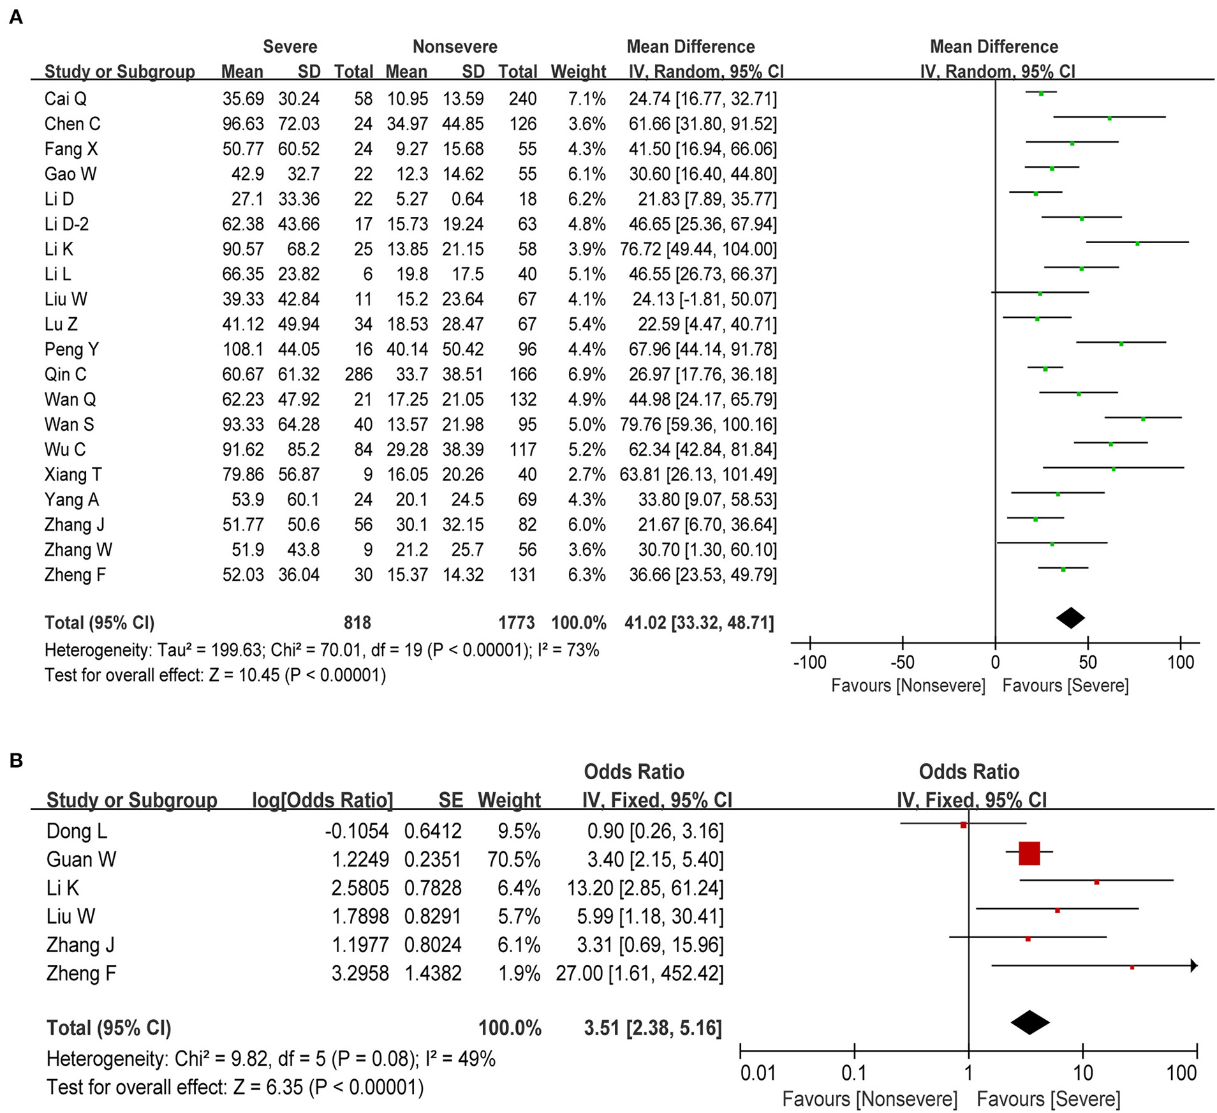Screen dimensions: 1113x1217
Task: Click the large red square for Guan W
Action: [x=1029, y=853]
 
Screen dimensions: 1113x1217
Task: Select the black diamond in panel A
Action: [x=1070, y=618]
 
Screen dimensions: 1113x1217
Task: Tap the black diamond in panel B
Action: [x=1030, y=1022]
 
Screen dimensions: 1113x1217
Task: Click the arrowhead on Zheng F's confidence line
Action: [x=1194, y=966]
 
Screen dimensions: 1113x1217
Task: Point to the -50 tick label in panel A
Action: [x=902, y=662]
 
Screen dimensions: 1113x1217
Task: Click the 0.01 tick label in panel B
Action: [x=758, y=1073]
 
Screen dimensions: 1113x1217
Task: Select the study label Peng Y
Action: [x=71, y=349]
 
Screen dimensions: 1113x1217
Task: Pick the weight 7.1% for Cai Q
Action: [x=587, y=99]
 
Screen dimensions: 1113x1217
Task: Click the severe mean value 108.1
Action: [x=242, y=349]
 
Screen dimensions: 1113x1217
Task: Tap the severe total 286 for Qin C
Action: [x=358, y=374]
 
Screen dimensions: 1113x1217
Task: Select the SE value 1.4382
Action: [x=432, y=973]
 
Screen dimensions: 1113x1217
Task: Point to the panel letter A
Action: [x=16, y=17]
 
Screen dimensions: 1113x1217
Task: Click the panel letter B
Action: [x=16, y=760]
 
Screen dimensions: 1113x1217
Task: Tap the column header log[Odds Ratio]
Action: [x=322, y=800]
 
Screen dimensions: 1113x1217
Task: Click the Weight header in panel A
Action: [x=578, y=71]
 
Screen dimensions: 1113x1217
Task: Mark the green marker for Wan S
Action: [x=1143, y=419]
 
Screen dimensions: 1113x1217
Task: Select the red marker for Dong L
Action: [x=963, y=825]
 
